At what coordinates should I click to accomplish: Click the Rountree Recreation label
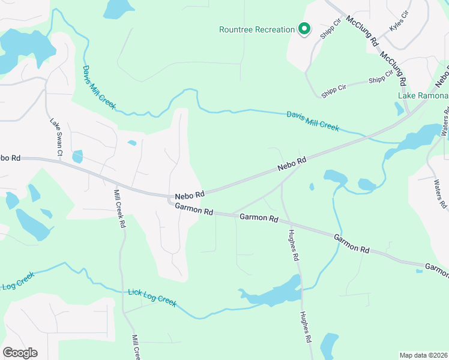[256, 29]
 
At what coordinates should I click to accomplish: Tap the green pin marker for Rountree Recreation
[304, 28]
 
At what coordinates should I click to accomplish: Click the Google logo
[20, 353]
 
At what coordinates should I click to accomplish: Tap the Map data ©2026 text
[424, 355]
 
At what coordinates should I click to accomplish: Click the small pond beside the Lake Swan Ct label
[77, 157]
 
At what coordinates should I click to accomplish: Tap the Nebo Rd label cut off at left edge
[10, 158]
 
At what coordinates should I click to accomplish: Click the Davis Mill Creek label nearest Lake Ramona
[313, 121]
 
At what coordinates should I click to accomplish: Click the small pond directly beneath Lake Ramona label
[400, 109]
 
